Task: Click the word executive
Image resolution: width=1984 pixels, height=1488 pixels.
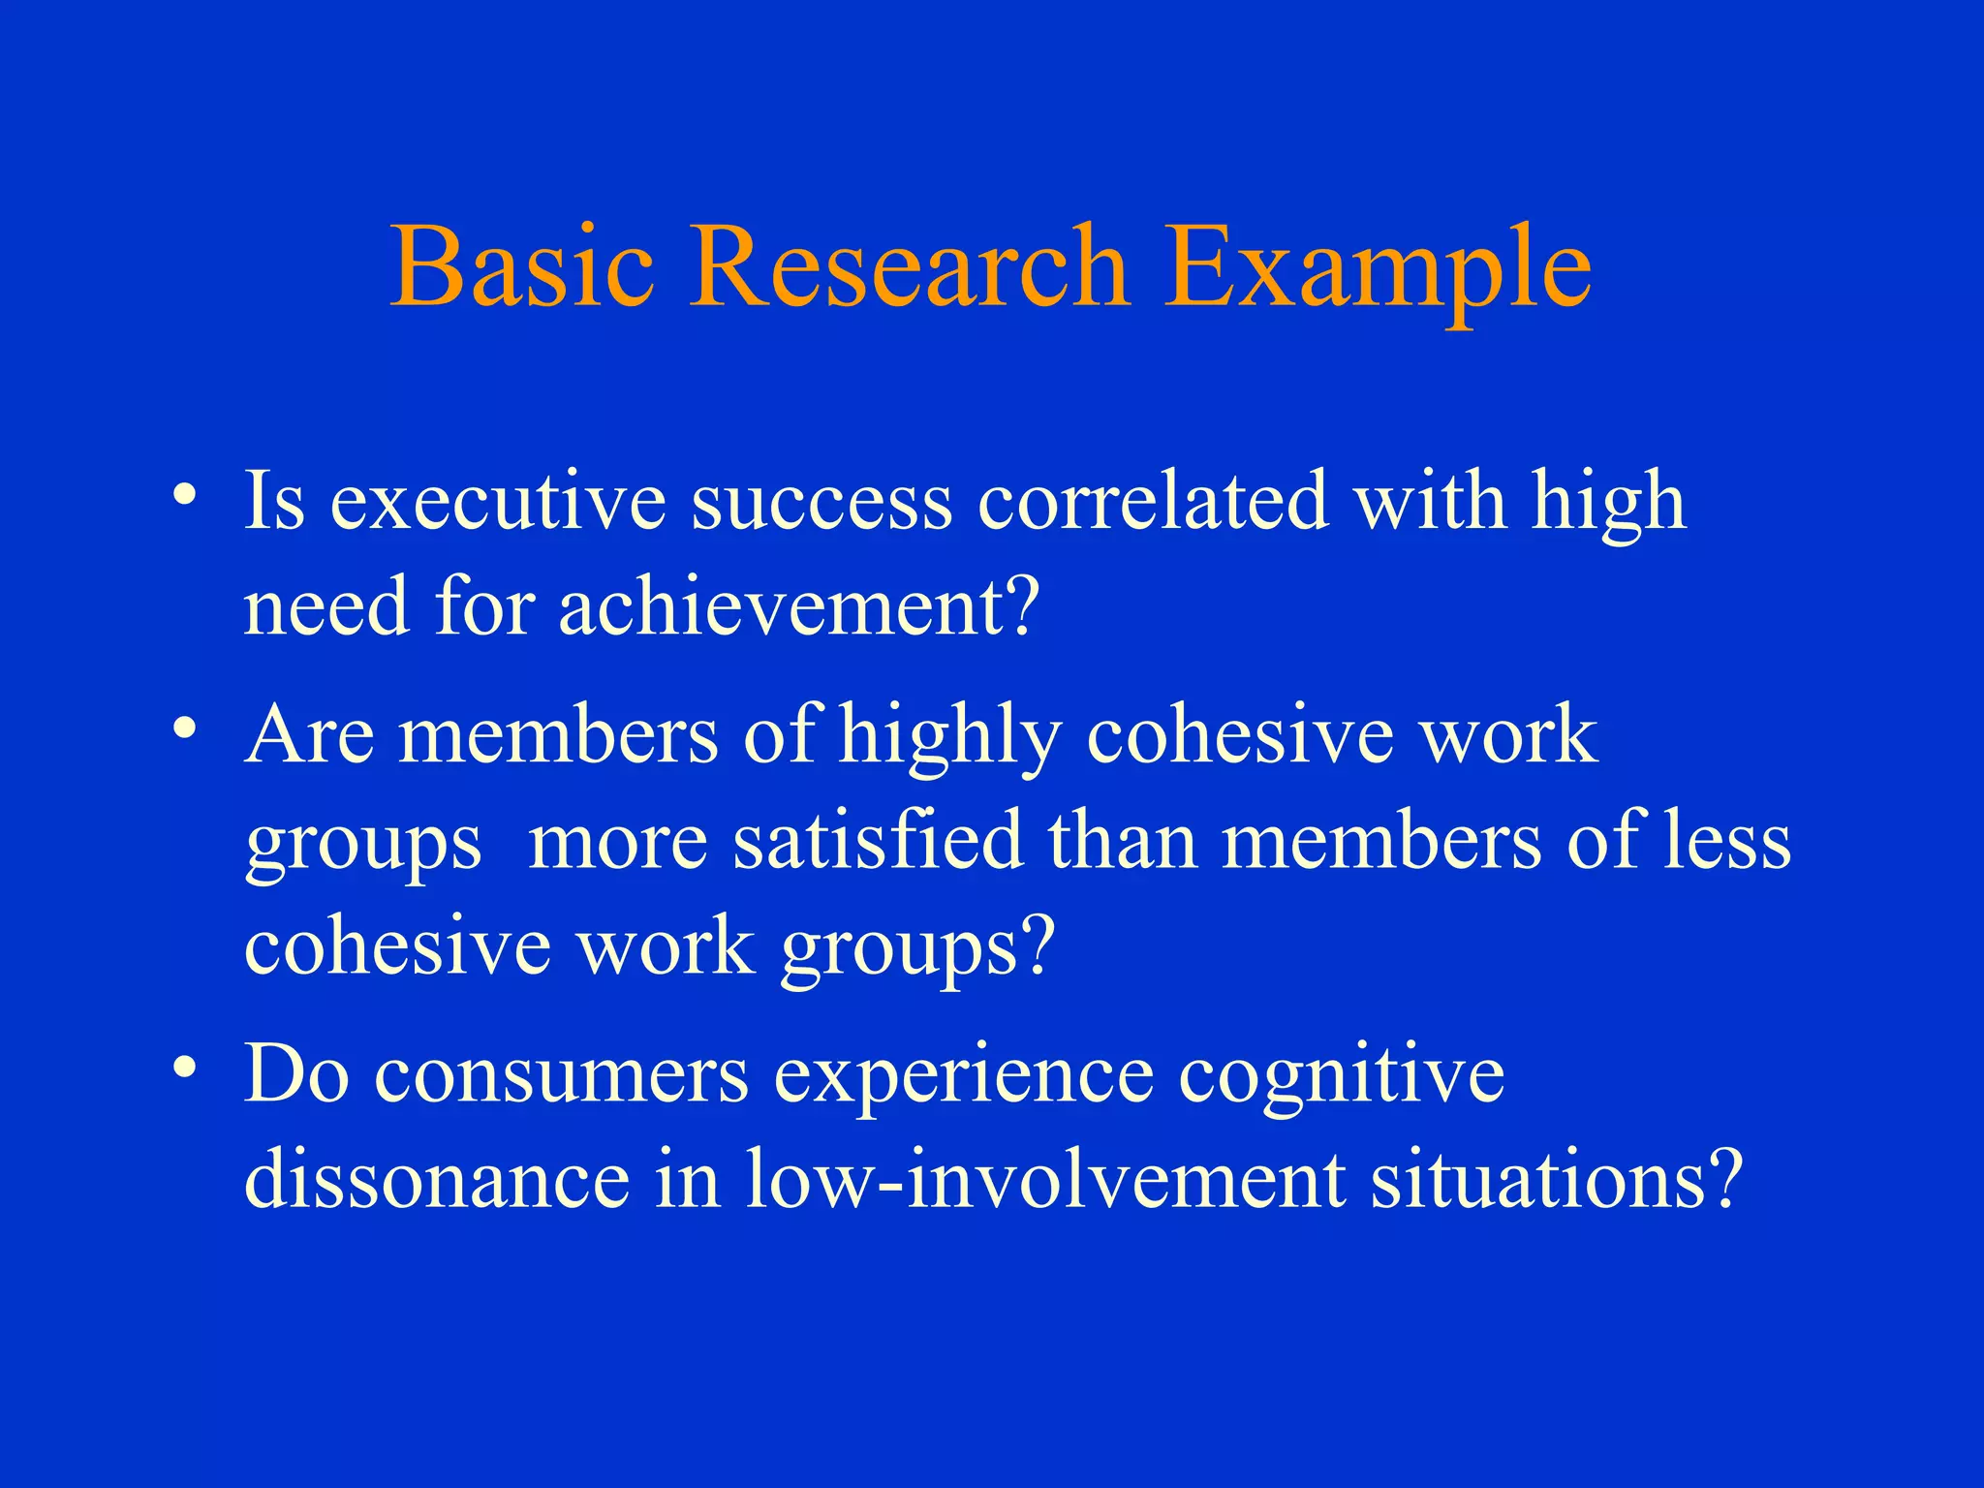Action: tap(498, 502)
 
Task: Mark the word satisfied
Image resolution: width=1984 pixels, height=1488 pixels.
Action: tap(878, 841)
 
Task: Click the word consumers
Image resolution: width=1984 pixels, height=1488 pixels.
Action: tap(562, 1075)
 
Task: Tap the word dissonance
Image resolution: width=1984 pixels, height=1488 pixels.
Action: tap(437, 1180)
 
